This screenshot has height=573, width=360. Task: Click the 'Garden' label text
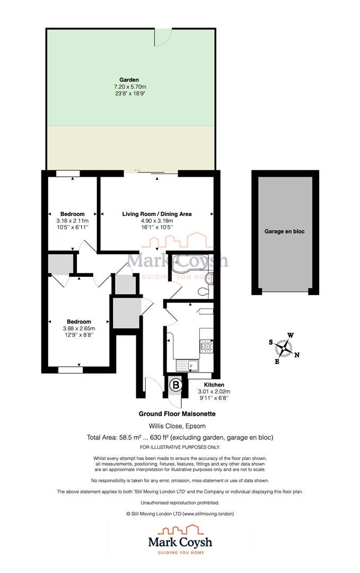[129, 80]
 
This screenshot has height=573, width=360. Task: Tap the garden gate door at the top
[163, 37]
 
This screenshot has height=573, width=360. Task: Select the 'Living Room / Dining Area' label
[157, 214]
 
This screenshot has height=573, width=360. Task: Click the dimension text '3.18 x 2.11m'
[72, 221]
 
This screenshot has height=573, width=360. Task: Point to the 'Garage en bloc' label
[285, 231]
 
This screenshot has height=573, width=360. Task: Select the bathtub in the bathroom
[188, 264]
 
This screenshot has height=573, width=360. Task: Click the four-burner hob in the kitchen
[206, 346]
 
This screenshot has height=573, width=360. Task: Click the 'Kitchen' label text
[214, 385]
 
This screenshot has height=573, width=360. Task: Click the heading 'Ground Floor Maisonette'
[177, 414]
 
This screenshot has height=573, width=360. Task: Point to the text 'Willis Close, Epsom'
[177, 426]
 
